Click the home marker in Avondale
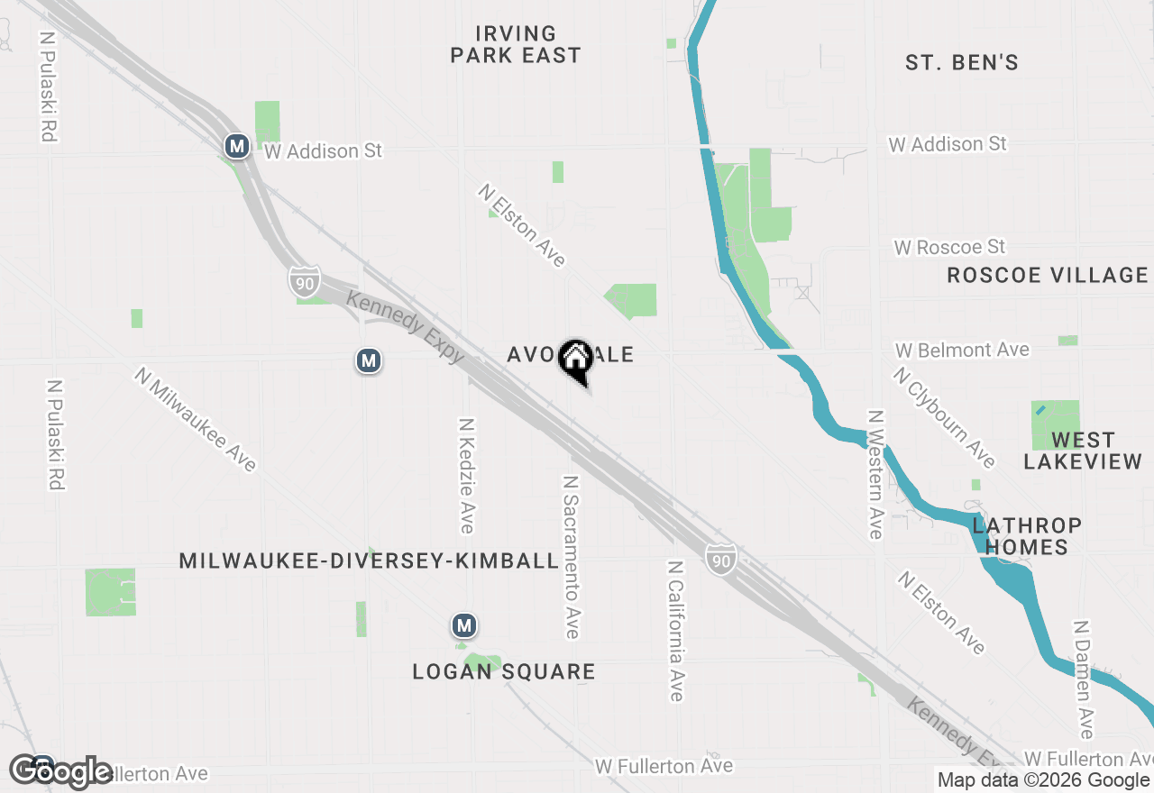[x=575, y=360]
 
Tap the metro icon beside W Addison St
[x=237, y=146]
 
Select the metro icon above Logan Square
[x=464, y=625]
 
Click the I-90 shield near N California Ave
[x=720, y=560]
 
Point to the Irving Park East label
[x=516, y=45]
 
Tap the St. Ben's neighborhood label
[x=962, y=62]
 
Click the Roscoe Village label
[x=1048, y=276]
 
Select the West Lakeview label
[x=1083, y=451]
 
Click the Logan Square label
[x=504, y=672]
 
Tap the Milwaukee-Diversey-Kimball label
[x=369, y=561]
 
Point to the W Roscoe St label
[x=949, y=247]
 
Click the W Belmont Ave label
[x=962, y=350]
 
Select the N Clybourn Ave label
[x=945, y=417]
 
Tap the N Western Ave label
[x=875, y=474]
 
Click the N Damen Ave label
[x=1084, y=679]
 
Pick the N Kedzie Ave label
[x=466, y=475]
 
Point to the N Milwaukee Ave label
[x=197, y=419]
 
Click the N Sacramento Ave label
[x=571, y=557]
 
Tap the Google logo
[x=61, y=771]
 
